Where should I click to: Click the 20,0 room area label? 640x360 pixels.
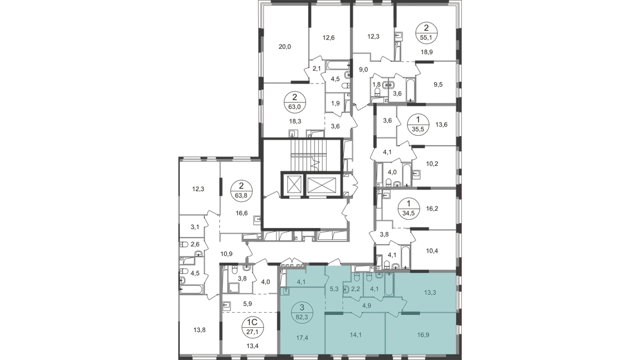(285, 47)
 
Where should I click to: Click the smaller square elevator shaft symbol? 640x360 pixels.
(292, 185)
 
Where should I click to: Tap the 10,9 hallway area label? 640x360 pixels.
(226, 254)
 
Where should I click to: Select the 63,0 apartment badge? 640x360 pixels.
(295, 102)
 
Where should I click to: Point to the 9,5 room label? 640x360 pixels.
(438, 85)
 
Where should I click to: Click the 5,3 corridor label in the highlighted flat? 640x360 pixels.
(333, 290)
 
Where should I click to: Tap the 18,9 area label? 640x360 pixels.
(427, 52)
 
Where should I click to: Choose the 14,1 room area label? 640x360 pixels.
(356, 335)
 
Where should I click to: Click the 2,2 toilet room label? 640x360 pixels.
(356, 289)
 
